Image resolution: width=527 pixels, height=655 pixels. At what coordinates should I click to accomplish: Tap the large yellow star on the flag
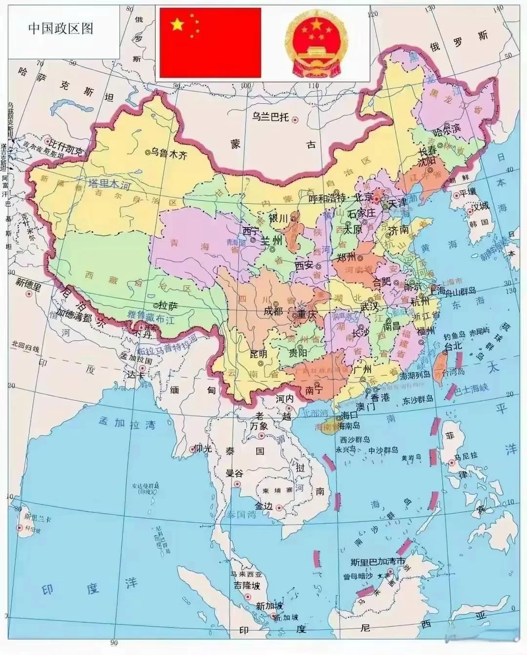[x=177, y=24]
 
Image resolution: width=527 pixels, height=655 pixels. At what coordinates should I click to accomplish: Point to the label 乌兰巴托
[x=271, y=117]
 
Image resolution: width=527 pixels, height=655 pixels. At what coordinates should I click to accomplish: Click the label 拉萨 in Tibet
[x=167, y=306]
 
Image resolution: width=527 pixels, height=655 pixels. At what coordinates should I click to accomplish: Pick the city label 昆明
[x=259, y=353]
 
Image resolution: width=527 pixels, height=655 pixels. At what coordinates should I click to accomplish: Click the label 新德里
[x=29, y=282]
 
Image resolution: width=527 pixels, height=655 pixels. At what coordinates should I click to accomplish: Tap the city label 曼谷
[x=234, y=473]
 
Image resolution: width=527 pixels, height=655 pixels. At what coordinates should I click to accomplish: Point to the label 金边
[x=263, y=506]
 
